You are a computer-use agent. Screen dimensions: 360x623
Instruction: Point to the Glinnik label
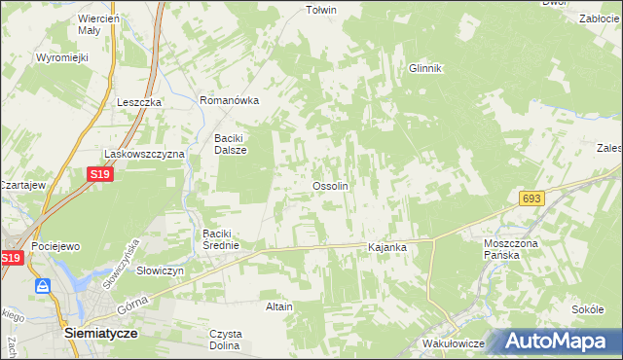tap(425, 68)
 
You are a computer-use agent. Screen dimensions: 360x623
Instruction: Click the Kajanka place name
tap(386, 248)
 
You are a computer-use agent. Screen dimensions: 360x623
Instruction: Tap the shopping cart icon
tap(44, 286)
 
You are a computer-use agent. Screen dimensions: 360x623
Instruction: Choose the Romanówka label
tap(229, 100)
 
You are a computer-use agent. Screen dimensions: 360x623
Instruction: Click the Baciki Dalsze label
tap(231, 144)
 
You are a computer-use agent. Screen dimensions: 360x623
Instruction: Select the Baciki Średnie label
tap(228, 239)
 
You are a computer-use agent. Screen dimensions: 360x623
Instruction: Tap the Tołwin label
tap(320, 11)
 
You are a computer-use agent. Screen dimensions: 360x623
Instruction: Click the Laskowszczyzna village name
tap(144, 154)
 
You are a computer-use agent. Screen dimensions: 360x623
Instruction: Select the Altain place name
tap(279, 306)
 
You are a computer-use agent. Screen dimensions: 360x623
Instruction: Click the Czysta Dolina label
tap(226, 340)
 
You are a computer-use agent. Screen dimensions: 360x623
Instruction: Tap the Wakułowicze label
tap(454, 344)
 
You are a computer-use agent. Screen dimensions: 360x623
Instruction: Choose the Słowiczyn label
tap(160, 270)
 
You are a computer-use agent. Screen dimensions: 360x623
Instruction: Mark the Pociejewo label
tap(55, 247)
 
